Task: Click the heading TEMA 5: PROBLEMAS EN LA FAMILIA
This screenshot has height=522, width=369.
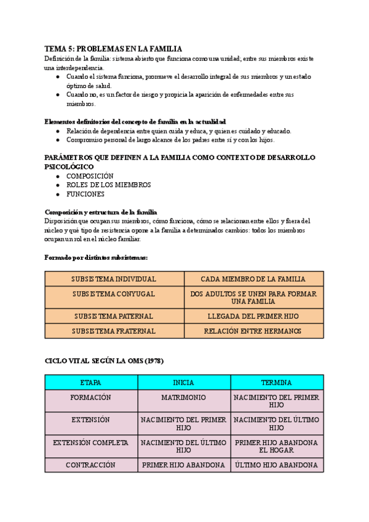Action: click(114, 49)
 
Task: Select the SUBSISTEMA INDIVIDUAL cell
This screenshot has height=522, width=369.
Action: click(114, 279)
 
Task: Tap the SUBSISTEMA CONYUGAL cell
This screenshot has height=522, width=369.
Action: click(114, 294)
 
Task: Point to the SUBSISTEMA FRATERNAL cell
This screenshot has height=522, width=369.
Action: click(114, 331)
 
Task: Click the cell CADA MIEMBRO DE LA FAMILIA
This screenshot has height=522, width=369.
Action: click(253, 279)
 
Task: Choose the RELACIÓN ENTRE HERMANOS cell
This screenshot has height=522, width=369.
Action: click(253, 331)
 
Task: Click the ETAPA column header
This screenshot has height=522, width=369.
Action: click(90, 382)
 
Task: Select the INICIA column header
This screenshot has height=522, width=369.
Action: click(183, 382)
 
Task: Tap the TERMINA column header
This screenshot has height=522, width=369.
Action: click(276, 382)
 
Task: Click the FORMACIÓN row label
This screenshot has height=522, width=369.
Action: click(90, 398)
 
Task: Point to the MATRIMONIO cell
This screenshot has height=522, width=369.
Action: click(183, 398)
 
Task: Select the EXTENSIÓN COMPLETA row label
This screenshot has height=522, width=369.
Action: click(90, 443)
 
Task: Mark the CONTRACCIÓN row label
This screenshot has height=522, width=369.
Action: click(90, 465)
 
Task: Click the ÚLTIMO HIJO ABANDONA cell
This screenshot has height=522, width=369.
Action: click(276, 465)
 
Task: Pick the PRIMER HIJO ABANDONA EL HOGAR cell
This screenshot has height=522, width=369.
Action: click(276, 446)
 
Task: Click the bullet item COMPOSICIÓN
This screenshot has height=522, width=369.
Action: click(90, 176)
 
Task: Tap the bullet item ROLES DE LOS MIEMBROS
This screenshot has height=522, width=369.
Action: click(108, 185)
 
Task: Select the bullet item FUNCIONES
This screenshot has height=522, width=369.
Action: click(85, 194)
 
